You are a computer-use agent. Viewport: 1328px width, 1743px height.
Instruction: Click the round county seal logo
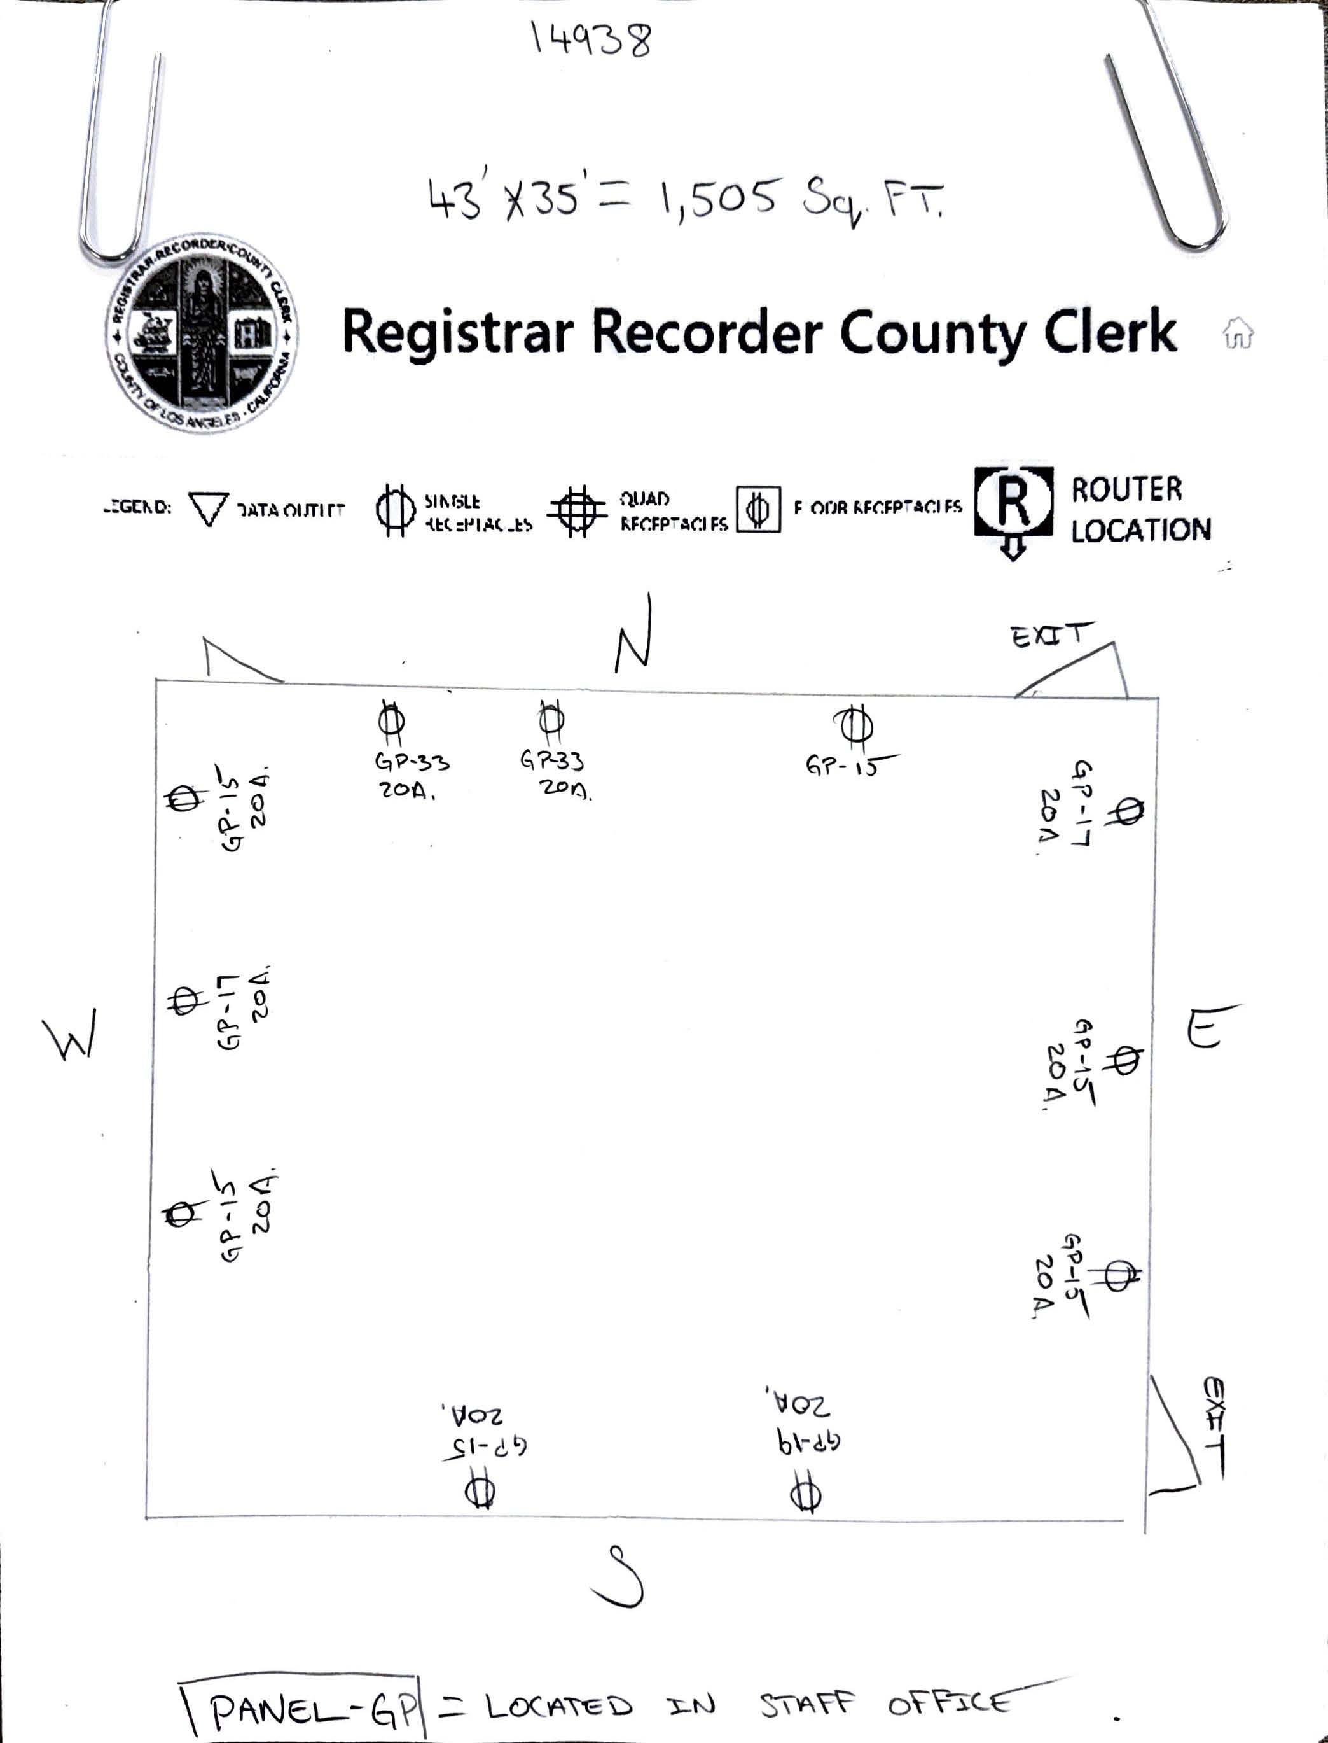[x=202, y=333]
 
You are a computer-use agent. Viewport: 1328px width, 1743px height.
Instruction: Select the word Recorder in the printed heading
[x=707, y=332]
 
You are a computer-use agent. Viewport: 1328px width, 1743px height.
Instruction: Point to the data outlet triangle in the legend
[x=209, y=508]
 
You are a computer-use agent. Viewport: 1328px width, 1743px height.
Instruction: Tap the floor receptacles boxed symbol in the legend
[x=758, y=509]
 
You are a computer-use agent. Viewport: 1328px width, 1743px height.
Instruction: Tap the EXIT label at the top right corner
[x=1050, y=635]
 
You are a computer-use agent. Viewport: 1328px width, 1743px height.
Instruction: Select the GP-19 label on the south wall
[x=807, y=1443]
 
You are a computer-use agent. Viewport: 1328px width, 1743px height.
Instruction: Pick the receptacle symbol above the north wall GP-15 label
[x=853, y=724]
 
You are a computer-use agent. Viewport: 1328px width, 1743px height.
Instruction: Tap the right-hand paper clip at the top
[x=1178, y=134]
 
